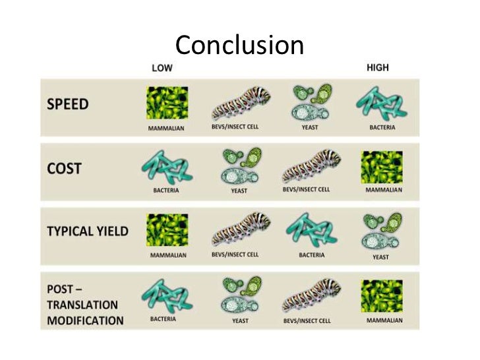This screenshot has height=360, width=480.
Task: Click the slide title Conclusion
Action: (239, 45)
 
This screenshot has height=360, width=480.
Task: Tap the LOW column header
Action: (163, 67)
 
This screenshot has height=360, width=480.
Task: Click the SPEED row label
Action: (68, 105)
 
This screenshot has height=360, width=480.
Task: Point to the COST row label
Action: (64, 168)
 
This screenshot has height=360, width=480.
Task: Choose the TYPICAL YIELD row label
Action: (88, 231)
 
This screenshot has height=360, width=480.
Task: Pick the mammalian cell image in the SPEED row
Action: (167, 103)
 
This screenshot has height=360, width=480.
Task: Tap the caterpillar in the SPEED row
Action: (241, 102)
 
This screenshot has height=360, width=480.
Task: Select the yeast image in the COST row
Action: (239, 165)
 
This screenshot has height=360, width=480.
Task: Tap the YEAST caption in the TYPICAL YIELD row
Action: (381, 257)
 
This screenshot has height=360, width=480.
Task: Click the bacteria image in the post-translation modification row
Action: (167, 294)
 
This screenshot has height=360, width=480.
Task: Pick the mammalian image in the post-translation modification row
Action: (382, 295)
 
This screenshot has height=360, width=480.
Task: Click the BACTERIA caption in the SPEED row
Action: (382, 127)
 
